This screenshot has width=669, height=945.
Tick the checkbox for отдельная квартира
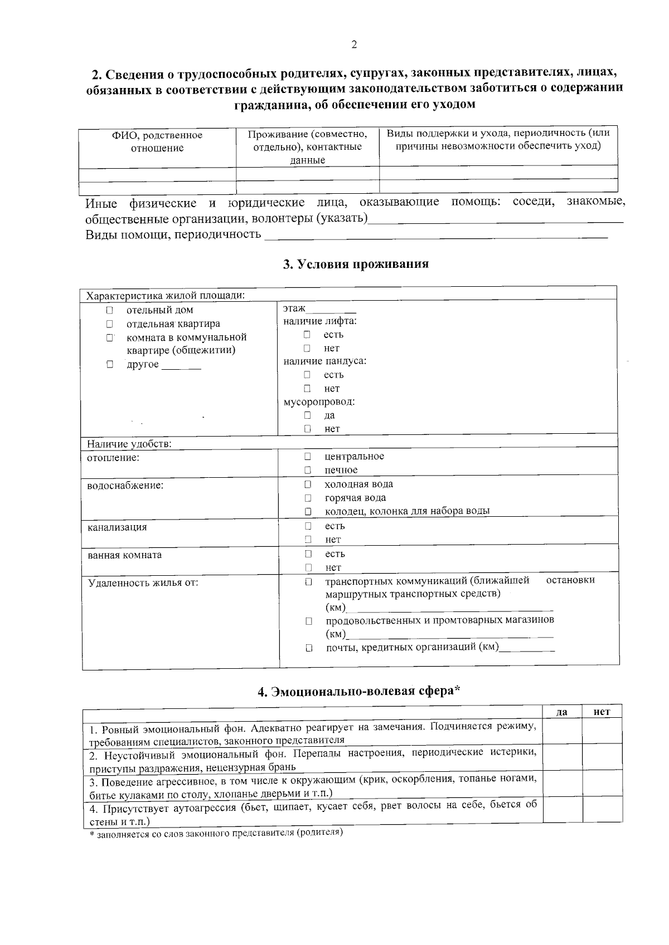tap(110, 324)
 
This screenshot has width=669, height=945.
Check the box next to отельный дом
tap(110, 310)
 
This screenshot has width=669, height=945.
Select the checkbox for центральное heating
tap(307, 456)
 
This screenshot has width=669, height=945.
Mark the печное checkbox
tap(307, 470)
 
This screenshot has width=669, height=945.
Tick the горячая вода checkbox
tap(307, 498)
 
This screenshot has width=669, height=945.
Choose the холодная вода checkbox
tap(307, 484)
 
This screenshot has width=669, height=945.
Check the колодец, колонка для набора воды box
tap(307, 511)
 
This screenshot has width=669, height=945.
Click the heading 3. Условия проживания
tap(356, 264)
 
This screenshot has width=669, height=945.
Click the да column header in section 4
tap(562, 712)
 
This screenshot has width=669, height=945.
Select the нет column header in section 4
tap(602, 712)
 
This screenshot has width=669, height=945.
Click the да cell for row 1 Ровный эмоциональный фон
tap(562, 732)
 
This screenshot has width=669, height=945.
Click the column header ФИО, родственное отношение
tap(157, 141)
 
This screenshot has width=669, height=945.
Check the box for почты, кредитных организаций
tap(308, 648)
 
